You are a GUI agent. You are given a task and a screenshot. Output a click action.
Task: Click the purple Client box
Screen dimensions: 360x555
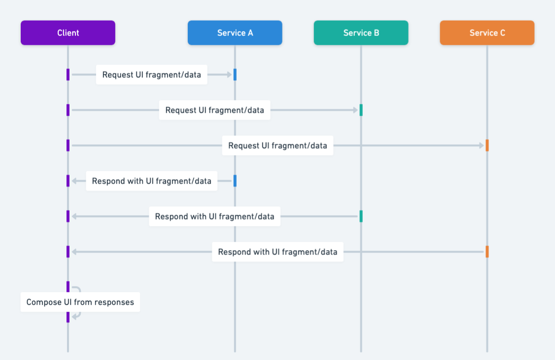pos(68,33)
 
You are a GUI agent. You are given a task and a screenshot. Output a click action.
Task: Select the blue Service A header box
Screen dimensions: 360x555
pos(235,33)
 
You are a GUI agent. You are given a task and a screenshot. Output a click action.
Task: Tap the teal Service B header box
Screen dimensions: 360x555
pos(361,33)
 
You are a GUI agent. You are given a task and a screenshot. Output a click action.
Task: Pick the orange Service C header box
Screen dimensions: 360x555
pos(487,33)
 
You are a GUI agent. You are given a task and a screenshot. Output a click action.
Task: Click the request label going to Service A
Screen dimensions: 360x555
pos(151,75)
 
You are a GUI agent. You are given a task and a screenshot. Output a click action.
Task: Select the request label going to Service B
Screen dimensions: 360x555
pos(214,110)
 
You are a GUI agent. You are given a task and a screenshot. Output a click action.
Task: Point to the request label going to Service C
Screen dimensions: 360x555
pos(277,146)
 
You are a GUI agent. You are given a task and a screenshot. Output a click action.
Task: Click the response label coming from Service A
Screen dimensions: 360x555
pos(151,181)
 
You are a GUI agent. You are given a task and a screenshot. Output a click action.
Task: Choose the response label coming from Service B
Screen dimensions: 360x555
pos(214,217)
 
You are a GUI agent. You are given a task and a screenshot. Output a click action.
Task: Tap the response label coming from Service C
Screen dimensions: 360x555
pos(277,252)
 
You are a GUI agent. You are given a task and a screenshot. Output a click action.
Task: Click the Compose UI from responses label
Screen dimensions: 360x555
pos(80,302)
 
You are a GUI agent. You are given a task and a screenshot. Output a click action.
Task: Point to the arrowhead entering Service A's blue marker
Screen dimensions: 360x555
pos(229,75)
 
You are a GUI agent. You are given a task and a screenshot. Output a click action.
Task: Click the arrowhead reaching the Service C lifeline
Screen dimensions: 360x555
pos(482,146)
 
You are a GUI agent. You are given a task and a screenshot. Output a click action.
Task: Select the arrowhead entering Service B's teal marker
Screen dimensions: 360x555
pos(355,110)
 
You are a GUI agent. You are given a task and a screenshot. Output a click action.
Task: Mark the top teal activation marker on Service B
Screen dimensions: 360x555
pos(361,110)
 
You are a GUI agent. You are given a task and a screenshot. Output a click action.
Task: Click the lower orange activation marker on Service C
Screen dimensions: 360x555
pos(487,252)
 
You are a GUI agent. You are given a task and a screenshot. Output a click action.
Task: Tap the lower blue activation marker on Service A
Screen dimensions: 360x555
pos(235,181)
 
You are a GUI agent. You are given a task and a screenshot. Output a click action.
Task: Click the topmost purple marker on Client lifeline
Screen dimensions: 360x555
pos(68,74)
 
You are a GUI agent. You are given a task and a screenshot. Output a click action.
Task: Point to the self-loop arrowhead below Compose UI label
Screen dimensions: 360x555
pos(74,317)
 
